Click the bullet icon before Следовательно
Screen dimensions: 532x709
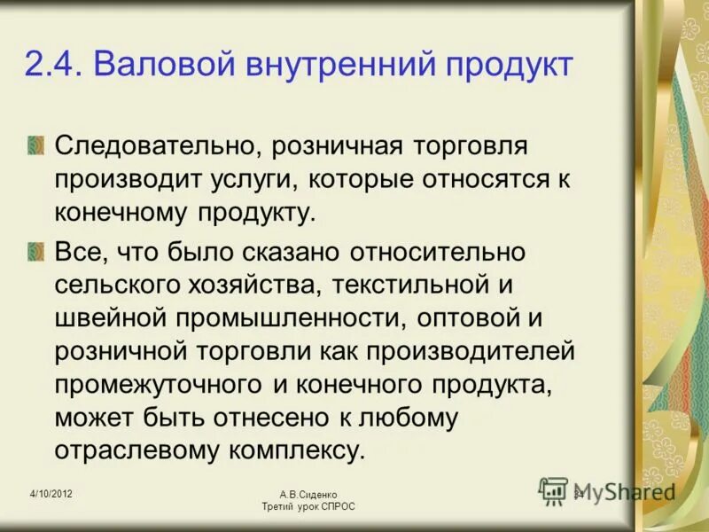35,145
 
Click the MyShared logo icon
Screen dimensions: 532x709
554,491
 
